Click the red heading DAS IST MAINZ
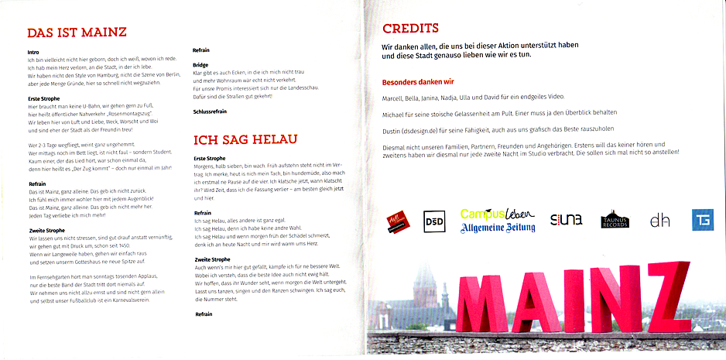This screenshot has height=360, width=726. point(77,33)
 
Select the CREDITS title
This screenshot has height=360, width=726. point(416,29)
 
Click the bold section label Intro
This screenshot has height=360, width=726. point(33,52)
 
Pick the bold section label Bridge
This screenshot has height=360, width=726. point(200,65)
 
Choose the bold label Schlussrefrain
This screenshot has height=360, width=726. point(211,112)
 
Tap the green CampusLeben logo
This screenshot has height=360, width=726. point(494,214)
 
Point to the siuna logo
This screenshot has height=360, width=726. point(566,221)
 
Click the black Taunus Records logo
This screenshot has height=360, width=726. point(615,220)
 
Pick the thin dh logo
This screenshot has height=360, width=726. point(659,221)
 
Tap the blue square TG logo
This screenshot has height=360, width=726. point(702,221)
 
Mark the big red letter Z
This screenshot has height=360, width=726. point(665,300)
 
